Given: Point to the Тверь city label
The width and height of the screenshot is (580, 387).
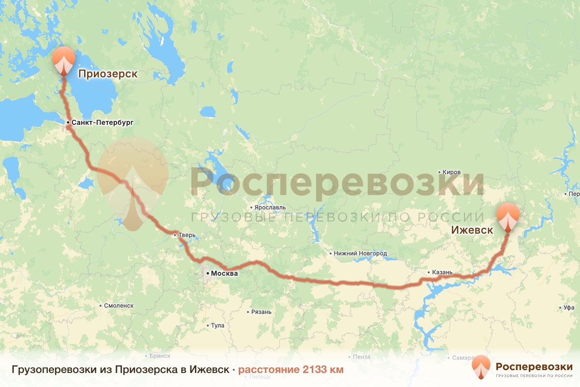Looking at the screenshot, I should click(187, 236).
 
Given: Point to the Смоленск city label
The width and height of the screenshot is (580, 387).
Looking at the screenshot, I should click(119, 306).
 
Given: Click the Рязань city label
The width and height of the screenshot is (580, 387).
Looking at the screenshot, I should click(261, 312).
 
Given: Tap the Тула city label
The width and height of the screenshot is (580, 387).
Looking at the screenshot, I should click(217, 326).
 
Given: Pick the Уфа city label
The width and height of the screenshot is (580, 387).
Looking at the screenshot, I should click(569, 308).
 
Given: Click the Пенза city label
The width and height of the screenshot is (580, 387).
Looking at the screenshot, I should click(362, 357).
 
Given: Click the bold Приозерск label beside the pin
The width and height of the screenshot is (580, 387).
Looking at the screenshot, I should click(108, 74).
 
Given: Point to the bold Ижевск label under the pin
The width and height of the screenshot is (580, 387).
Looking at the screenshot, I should click(472, 230).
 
